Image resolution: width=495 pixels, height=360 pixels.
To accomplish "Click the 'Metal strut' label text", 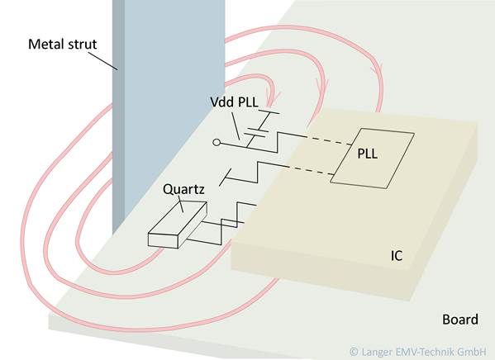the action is [x=62, y=44].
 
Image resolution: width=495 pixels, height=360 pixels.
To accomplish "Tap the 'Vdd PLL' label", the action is [x=234, y=102].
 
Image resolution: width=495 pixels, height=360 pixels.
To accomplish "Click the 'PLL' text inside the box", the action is [x=368, y=154].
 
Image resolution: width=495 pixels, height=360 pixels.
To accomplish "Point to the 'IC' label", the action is [x=397, y=256].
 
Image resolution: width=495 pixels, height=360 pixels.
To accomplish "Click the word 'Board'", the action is [x=460, y=320].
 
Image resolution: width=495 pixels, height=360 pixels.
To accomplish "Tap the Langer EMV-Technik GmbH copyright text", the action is [x=418, y=352].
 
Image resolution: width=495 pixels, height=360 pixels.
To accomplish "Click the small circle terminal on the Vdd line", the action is [x=217, y=143].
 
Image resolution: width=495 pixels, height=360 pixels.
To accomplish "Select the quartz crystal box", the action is [x=178, y=225].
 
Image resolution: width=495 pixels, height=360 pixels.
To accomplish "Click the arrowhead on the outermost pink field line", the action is [x=378, y=69].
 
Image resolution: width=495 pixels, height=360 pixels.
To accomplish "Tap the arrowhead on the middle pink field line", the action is [x=323, y=83].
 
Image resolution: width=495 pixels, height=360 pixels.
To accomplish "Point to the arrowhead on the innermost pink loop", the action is [x=274, y=95].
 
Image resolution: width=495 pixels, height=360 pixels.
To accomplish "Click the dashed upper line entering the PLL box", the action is [x=329, y=140].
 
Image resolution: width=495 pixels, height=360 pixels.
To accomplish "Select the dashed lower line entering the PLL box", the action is [x=311, y=170].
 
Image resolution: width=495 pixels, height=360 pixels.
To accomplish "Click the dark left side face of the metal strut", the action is [x=118, y=116].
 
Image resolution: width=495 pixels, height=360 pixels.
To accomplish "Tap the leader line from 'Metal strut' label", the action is [x=102, y=60].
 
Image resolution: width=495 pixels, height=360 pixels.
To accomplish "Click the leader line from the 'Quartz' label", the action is [x=181, y=204].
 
